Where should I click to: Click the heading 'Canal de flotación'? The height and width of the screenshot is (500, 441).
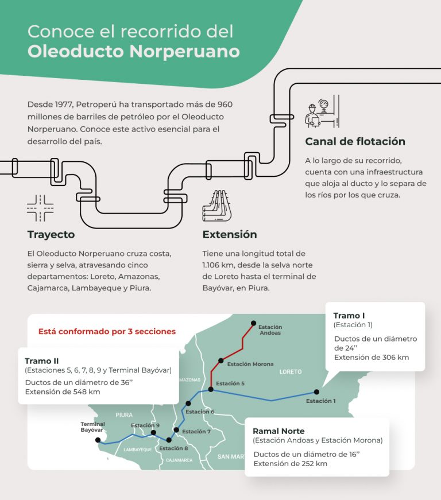click(355, 142)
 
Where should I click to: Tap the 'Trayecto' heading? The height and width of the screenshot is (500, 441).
click(51, 235)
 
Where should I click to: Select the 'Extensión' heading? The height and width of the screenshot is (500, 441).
click(230, 235)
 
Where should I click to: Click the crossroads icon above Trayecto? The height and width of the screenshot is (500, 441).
click(40, 208)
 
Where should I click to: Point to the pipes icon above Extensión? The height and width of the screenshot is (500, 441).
click(216, 206)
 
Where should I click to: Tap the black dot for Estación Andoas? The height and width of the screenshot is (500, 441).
click(253, 323)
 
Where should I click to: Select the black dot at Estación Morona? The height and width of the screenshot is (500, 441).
click(220, 361)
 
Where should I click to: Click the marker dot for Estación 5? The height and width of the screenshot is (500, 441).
click(211, 390)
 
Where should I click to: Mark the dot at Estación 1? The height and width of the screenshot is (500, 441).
click(316, 392)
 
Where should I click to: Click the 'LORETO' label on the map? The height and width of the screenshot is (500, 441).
click(290, 372)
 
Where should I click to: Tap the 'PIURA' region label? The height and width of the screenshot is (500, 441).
click(123, 414)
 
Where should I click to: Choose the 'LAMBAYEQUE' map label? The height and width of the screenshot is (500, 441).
click(138, 449)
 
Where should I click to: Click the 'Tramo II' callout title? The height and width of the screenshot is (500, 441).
click(42, 361)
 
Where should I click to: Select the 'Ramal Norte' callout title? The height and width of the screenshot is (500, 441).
click(278, 431)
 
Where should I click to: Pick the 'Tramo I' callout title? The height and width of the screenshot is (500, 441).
click(349, 316)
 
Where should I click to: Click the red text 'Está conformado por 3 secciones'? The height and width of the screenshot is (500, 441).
click(107, 332)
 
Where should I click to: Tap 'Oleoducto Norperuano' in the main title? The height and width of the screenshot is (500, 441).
click(133, 51)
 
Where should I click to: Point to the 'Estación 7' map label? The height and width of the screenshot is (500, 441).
click(196, 431)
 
